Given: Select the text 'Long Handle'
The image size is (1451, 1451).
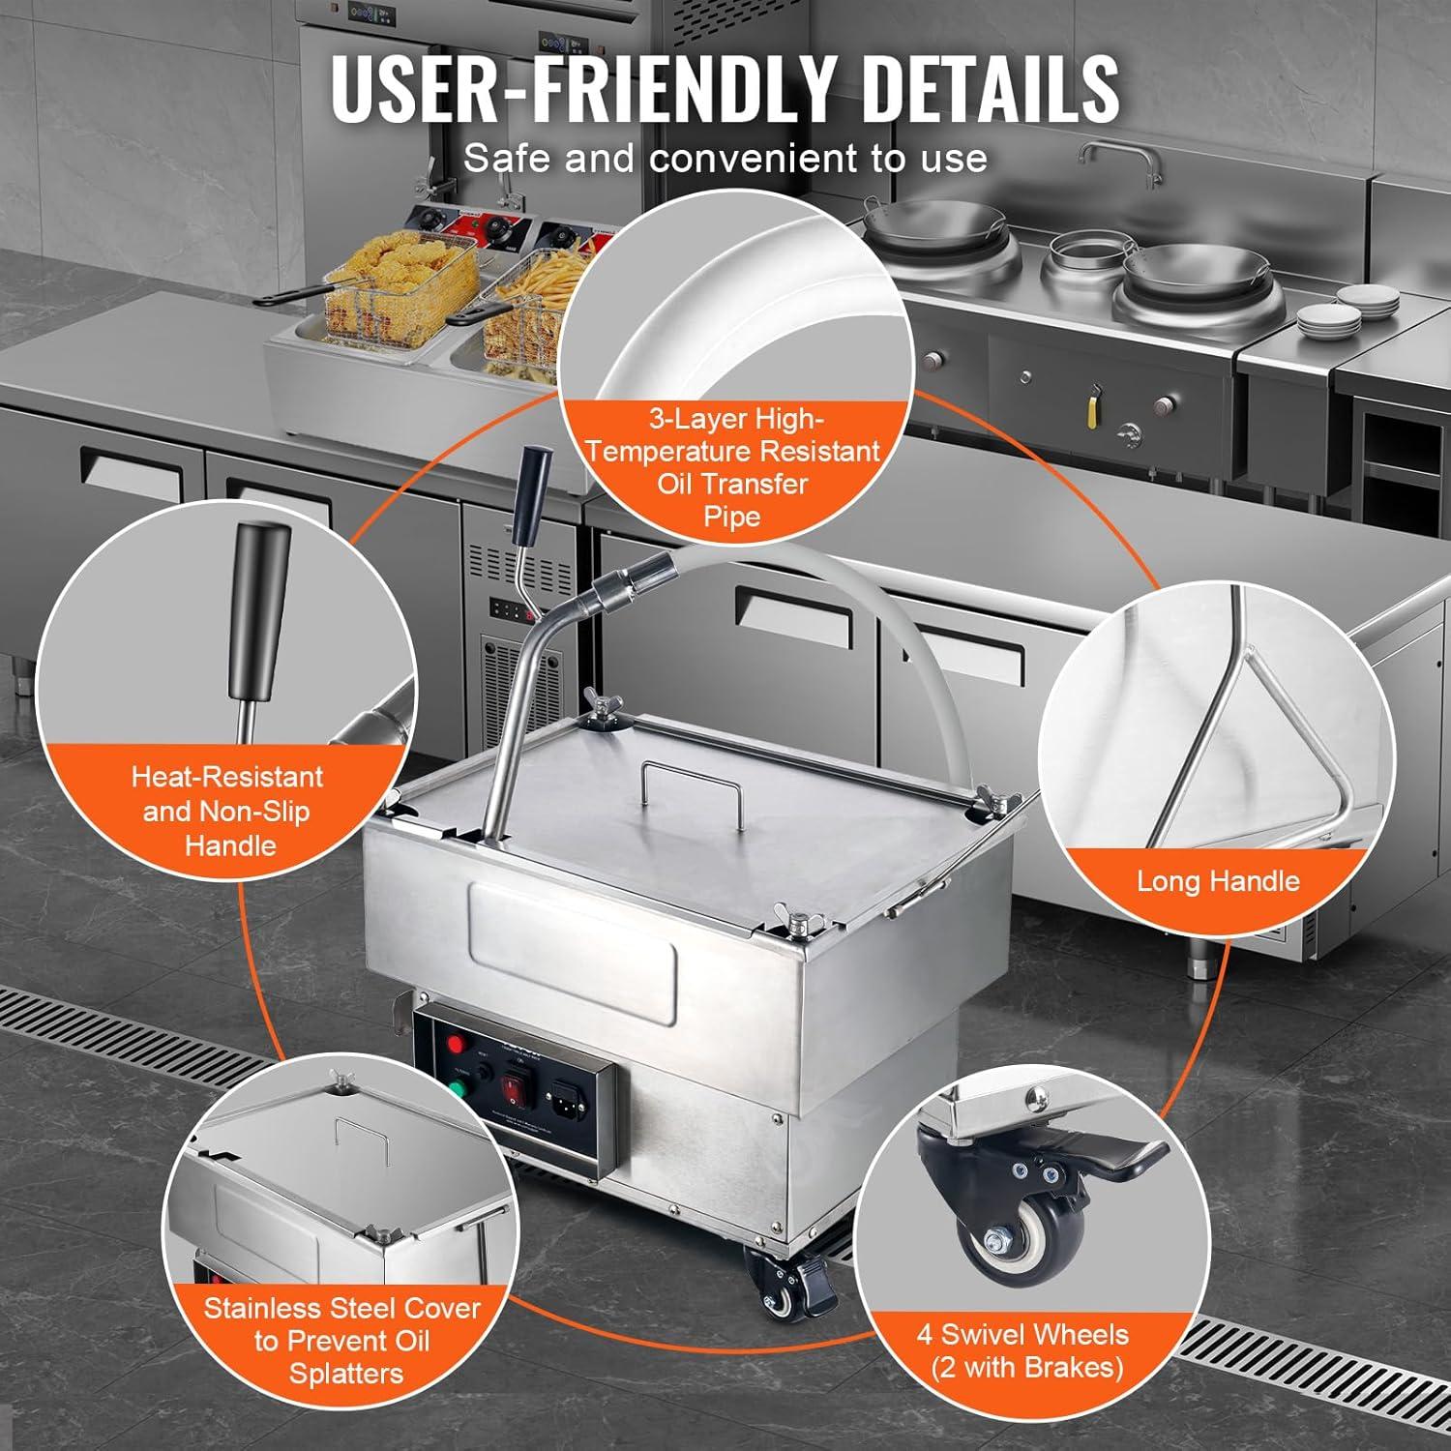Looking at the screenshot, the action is tap(1217, 881).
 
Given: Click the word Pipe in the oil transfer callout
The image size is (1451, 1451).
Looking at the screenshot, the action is tap(731, 517).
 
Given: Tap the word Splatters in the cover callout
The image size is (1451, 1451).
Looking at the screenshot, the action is tap(345, 1374).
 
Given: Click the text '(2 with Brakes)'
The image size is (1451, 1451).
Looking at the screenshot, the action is tap(1027, 1368).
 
